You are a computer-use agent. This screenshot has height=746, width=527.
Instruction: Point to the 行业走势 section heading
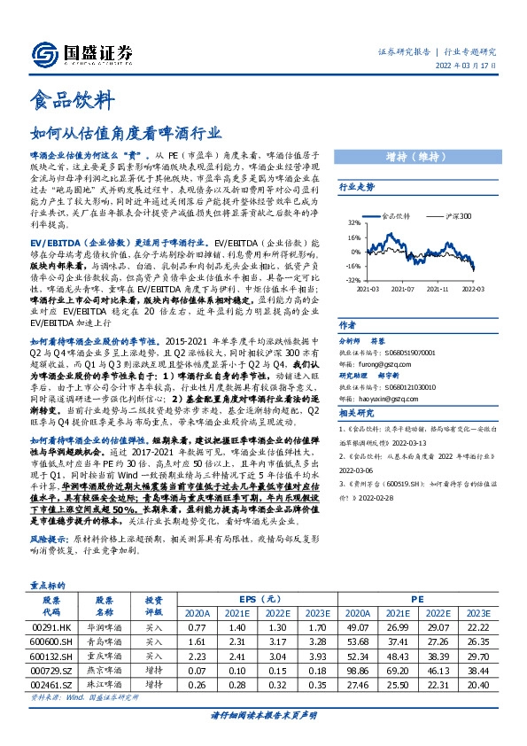point(357,188)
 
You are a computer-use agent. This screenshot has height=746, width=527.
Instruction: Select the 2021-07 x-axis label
point(404,289)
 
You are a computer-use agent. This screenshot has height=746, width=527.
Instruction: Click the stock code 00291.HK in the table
point(50,627)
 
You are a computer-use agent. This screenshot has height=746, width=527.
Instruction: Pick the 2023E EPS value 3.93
point(316,657)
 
